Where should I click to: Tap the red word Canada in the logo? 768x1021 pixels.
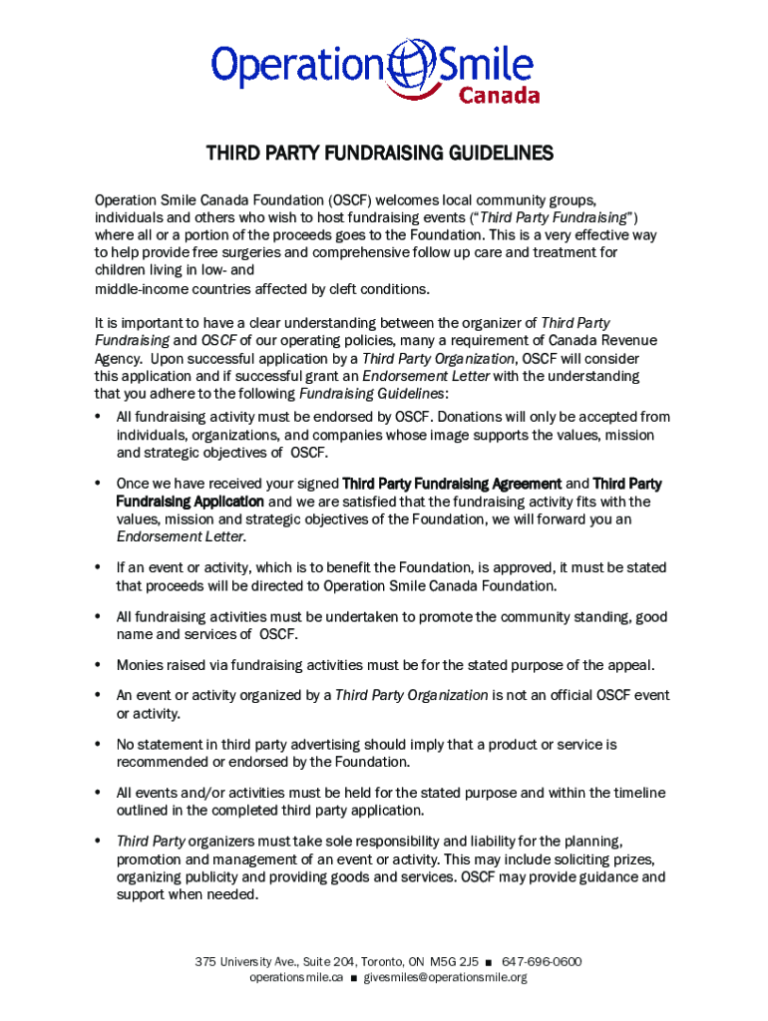(x=499, y=96)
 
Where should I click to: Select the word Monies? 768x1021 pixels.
(x=140, y=665)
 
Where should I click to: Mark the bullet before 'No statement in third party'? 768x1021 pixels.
(x=99, y=744)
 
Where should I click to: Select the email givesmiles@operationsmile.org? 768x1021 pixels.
(x=445, y=978)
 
